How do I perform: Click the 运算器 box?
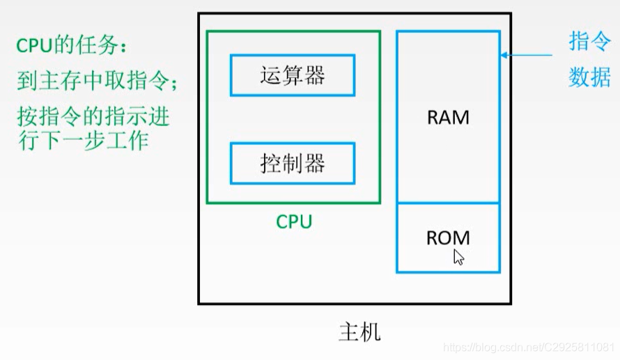[293, 75]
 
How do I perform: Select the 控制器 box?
[293, 164]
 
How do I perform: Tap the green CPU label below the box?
[294, 221]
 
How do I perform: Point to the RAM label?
[448, 117]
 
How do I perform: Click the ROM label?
[447, 237]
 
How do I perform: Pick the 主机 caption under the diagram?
[359, 331]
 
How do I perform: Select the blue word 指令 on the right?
[589, 42]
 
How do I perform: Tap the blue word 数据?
[589, 77]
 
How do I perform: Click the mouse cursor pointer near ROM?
[458, 257]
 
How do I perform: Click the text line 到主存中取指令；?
[98, 82]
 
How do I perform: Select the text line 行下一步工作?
[83, 140]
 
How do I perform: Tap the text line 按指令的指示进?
[93, 115]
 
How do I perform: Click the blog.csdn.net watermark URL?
[529, 347]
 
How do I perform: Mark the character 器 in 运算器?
[315, 75]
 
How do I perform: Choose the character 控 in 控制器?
[270, 164]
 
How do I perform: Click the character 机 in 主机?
[371, 331]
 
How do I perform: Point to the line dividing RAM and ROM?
[448, 203]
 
